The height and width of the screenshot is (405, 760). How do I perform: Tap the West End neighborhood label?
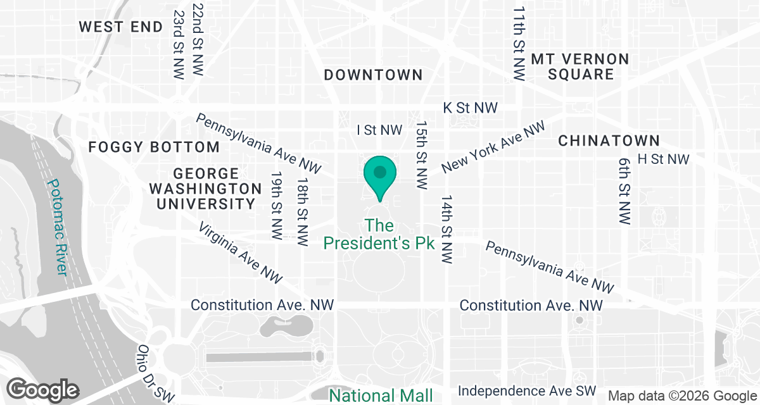click(x=120, y=27)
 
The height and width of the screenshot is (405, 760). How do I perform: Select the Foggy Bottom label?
click(x=154, y=147)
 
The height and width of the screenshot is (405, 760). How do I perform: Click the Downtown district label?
click(x=373, y=75)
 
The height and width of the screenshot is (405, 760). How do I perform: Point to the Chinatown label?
click(x=609, y=140)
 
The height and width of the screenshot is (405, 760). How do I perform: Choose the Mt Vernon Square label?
click(x=580, y=66)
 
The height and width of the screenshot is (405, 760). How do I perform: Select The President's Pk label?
click(x=379, y=234)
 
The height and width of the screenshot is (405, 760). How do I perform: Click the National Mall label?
click(x=381, y=396)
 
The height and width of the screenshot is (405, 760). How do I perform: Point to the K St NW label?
click(x=470, y=108)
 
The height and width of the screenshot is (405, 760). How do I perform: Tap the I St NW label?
click(x=379, y=130)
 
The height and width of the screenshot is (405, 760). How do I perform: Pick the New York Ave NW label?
click(x=493, y=147)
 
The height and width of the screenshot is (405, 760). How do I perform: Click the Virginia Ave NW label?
click(x=240, y=252)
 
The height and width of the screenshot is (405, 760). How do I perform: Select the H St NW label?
click(x=663, y=159)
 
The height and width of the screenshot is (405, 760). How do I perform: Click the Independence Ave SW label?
click(x=527, y=391)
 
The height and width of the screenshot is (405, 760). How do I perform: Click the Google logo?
click(x=43, y=389)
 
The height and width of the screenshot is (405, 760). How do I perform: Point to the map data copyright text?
click(x=681, y=396)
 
